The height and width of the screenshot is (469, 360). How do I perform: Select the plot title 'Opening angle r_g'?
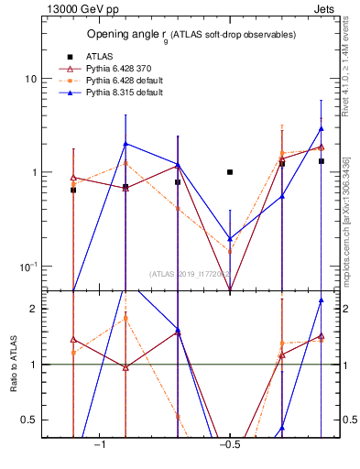pos(191,35)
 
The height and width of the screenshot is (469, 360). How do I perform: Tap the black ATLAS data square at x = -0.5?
pos(230,172)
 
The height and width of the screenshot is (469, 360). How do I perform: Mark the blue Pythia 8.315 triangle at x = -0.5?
pos(230,238)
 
